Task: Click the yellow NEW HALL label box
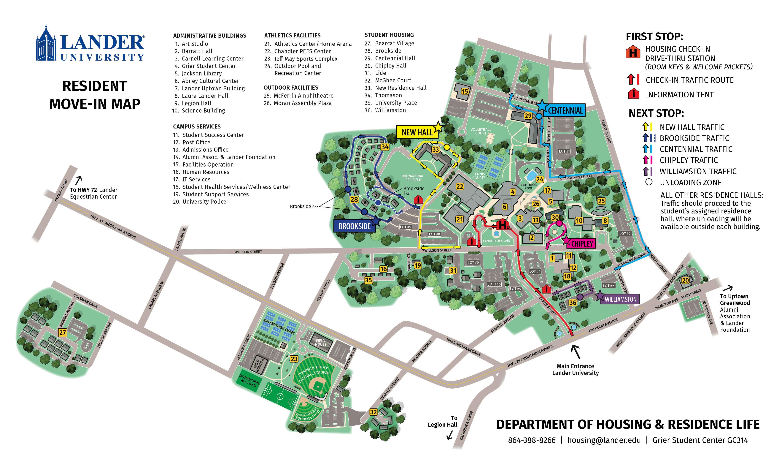click(x=417, y=132)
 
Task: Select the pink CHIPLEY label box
click(x=582, y=243)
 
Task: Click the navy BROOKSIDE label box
click(x=354, y=226)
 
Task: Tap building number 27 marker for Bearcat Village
click(x=63, y=332)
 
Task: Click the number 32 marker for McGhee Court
click(x=373, y=412)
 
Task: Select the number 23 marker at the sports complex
click(x=294, y=359)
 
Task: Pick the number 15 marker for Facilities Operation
click(x=465, y=91)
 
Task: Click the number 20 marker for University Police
click(x=685, y=280)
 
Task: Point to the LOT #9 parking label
click(x=405, y=227)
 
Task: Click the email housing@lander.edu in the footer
click(x=604, y=440)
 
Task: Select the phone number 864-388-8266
click(x=532, y=440)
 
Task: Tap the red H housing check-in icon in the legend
click(x=633, y=52)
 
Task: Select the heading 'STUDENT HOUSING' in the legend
click(x=389, y=35)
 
